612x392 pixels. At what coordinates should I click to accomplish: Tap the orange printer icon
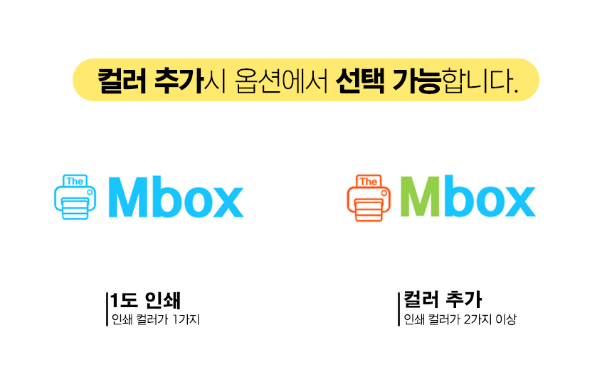coord(369,197)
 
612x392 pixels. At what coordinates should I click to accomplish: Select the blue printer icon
coord(75,197)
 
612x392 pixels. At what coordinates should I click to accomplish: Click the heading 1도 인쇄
coord(146,300)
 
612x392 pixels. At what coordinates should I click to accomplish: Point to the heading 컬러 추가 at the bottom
coord(443,299)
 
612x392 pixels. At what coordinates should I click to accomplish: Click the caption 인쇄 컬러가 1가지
coord(155,320)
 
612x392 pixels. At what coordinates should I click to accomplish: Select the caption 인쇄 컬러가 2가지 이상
coord(460,319)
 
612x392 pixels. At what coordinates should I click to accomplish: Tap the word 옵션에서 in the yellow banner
coord(281,81)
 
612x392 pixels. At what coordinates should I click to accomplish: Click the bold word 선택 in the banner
coord(360,81)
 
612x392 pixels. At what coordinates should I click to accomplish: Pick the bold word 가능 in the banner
coord(416,81)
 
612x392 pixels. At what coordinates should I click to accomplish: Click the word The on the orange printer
coord(369,182)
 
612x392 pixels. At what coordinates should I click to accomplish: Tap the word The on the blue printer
coord(75,181)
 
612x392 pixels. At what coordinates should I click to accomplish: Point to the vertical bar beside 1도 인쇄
coord(107,309)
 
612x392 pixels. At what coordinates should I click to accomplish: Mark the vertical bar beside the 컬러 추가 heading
coord(399,309)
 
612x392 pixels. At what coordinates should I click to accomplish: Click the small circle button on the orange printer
coord(384,193)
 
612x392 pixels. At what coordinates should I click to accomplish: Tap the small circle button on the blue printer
coord(90,192)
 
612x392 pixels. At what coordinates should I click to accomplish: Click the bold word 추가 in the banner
coord(179,81)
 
